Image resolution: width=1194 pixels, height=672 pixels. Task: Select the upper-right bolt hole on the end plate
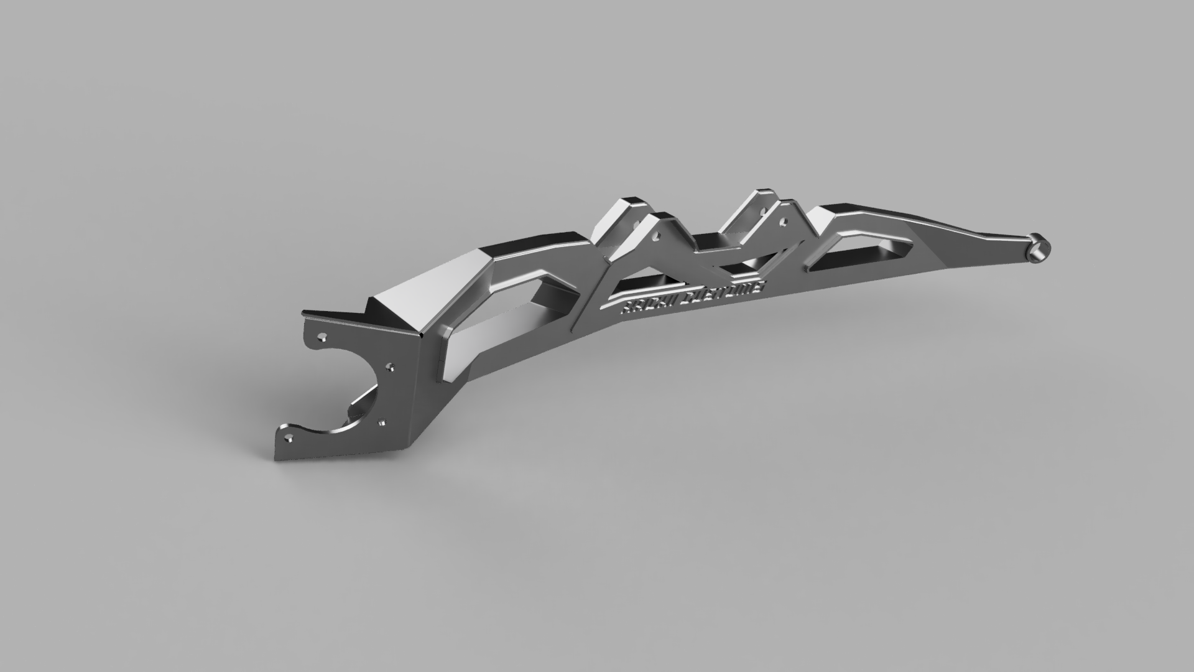(389, 366)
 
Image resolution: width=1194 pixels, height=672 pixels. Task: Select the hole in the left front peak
(656, 235)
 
